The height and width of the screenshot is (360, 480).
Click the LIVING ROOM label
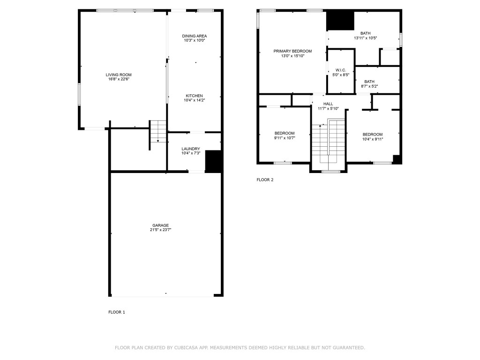coord(118,75)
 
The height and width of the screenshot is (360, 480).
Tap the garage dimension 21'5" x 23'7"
coord(160,230)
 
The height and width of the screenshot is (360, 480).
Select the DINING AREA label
coord(195,36)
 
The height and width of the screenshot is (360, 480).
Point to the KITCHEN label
coord(194,96)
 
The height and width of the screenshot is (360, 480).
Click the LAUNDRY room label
coord(191,149)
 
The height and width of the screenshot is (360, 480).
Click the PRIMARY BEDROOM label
coord(292,51)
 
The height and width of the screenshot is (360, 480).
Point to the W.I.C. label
coord(340,70)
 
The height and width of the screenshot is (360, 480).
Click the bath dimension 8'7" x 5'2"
coord(369,86)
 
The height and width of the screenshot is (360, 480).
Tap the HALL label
coord(328,104)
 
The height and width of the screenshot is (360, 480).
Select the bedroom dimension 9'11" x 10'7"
coord(285,138)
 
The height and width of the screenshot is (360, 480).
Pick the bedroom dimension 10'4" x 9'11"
coord(373,139)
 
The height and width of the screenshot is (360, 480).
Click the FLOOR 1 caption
coord(117,312)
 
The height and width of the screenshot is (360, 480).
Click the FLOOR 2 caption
coord(265,180)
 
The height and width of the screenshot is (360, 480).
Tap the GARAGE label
coord(160,225)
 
